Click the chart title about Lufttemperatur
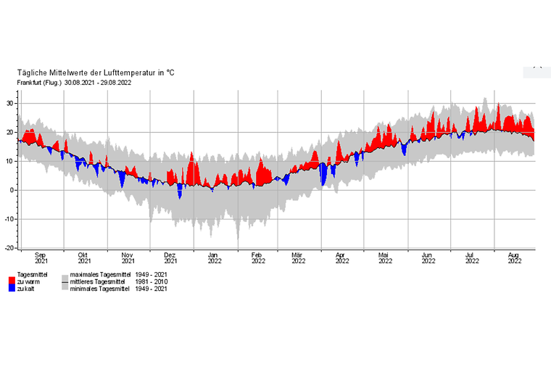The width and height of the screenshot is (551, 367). (96, 73)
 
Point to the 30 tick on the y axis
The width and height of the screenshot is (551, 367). (9, 103)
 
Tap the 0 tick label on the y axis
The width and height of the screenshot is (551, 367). (12, 190)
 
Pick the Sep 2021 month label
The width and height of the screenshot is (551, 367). (41, 259)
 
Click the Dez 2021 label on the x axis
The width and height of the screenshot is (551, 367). (171, 259)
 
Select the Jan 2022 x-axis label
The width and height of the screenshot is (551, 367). (214, 259)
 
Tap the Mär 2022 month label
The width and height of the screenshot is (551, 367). (297, 259)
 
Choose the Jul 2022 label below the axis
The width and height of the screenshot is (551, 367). (471, 259)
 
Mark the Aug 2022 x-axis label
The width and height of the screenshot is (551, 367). (514, 259)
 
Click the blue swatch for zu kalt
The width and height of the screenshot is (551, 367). (12, 289)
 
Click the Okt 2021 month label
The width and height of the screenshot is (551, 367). (84, 259)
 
